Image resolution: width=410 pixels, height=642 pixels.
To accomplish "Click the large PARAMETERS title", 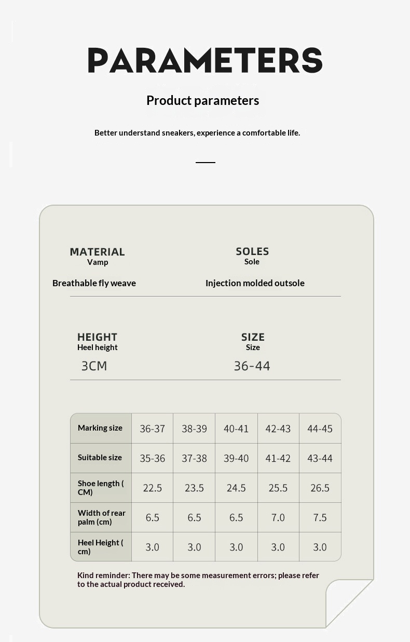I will pyautogui.click(x=205, y=60).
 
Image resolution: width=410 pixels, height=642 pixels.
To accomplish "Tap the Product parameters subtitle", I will pyautogui.click(x=202, y=100).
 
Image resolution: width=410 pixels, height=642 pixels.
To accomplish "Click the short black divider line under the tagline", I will pyautogui.click(x=205, y=163).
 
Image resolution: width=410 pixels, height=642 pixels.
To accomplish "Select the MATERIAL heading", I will pyautogui.click(x=97, y=252).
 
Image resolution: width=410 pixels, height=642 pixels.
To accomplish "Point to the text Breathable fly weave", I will pyautogui.click(x=94, y=283).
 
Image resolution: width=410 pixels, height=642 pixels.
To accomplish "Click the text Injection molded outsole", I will pyautogui.click(x=255, y=283).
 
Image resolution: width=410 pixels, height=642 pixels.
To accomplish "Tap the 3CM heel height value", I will pyautogui.click(x=94, y=366).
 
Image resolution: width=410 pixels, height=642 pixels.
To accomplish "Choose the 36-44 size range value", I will pyautogui.click(x=252, y=366).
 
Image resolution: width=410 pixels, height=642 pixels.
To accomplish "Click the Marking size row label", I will pyautogui.click(x=100, y=428).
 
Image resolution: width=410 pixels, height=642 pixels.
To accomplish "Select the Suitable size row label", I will pyautogui.click(x=100, y=458).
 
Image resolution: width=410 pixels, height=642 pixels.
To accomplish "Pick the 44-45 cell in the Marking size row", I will pyautogui.click(x=320, y=429).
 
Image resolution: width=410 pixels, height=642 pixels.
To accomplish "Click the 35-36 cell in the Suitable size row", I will pyautogui.click(x=152, y=458).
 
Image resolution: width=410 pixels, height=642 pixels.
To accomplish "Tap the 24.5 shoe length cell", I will pyautogui.click(x=236, y=488).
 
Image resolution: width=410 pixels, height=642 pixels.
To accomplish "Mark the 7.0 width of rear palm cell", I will pyautogui.click(x=278, y=517).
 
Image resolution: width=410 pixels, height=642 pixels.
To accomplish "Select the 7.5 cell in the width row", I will pyautogui.click(x=320, y=517).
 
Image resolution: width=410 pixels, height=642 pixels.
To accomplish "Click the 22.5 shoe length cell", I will pyautogui.click(x=152, y=488).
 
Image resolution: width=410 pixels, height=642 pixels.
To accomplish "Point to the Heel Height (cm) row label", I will pyautogui.click(x=100, y=547).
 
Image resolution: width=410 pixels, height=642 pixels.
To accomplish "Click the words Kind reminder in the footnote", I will pyautogui.click(x=103, y=576).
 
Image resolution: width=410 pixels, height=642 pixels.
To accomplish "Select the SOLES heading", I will pyautogui.click(x=252, y=251).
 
